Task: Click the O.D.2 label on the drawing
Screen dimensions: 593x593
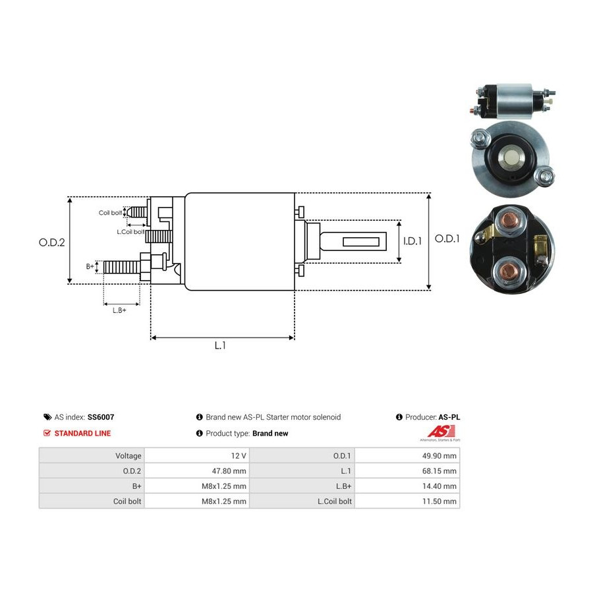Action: click(x=52, y=242)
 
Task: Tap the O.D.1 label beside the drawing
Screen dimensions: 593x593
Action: click(x=447, y=239)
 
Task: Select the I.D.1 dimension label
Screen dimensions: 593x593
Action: click(x=412, y=241)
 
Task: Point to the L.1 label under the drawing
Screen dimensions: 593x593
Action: click(x=220, y=345)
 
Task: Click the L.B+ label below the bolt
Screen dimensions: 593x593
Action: click(x=119, y=310)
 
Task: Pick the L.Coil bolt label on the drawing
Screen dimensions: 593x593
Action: click(x=130, y=231)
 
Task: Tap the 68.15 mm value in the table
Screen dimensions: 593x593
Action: click(x=439, y=471)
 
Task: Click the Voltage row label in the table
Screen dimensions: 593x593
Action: click(x=128, y=456)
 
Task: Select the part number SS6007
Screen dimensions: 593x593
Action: click(x=101, y=417)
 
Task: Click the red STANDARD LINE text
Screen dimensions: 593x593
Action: click(x=82, y=434)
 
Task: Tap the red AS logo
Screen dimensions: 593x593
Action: click(x=441, y=431)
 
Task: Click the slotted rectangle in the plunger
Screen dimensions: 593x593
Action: click(x=361, y=242)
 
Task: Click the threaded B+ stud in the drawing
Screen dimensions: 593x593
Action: click(x=122, y=268)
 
